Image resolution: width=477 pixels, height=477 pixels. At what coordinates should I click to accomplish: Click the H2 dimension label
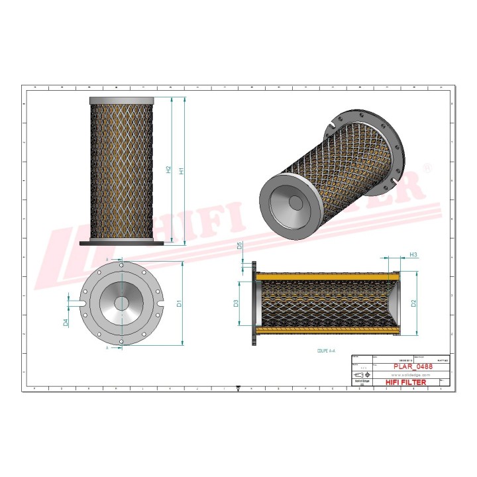point(168,170)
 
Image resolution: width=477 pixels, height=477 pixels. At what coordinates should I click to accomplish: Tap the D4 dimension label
point(66,322)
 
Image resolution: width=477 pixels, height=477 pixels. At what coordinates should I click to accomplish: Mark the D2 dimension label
point(413,304)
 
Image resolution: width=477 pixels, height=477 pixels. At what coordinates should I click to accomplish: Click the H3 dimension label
point(413,254)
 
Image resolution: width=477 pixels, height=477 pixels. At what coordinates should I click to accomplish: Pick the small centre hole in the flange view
point(122,303)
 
